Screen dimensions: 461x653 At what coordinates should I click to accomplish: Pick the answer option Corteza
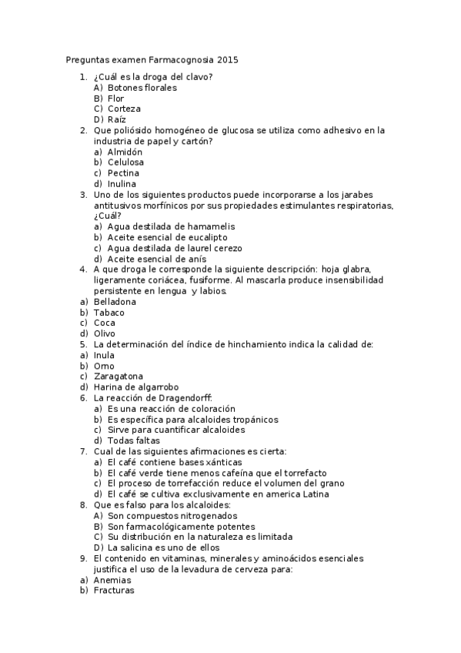point(124,109)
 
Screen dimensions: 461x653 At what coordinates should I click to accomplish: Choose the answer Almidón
point(125,152)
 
